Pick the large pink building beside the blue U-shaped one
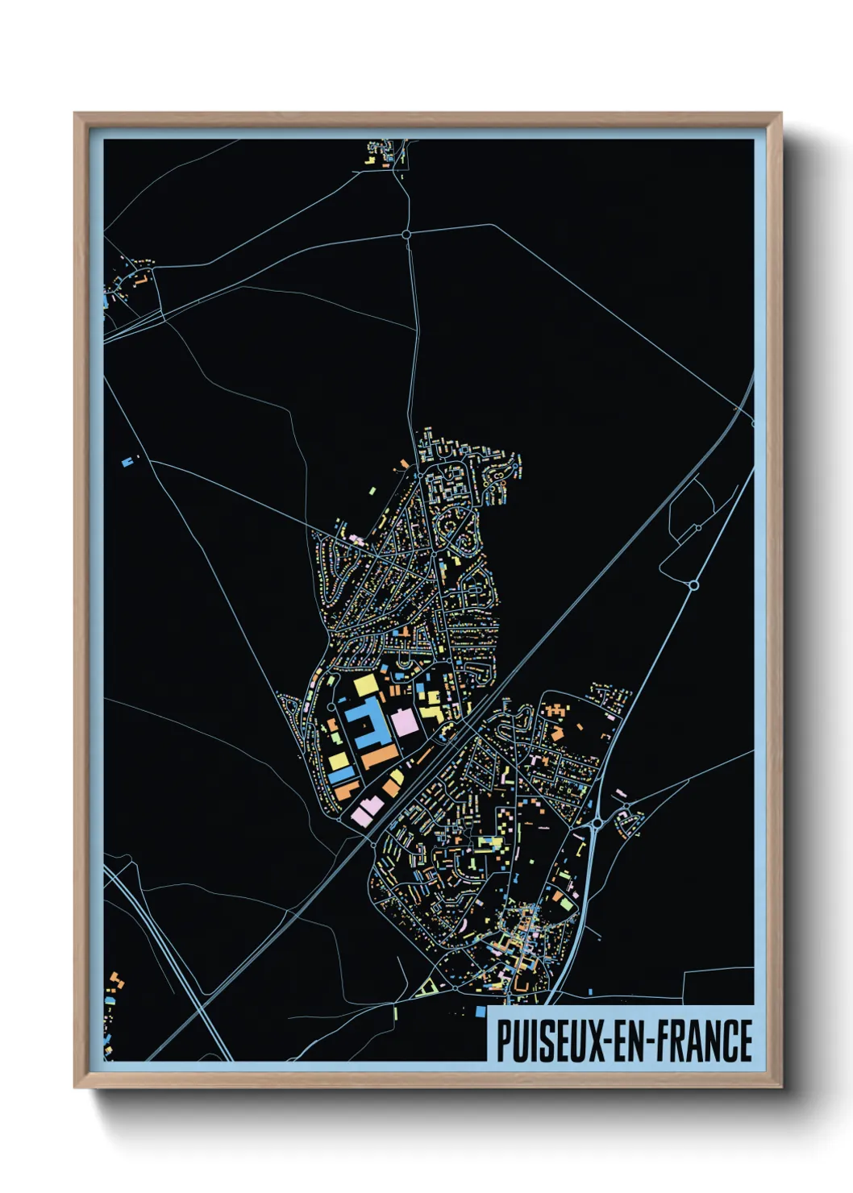(405, 721)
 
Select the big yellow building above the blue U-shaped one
(365, 686)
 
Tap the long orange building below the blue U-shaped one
(380, 757)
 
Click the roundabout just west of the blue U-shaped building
(331, 708)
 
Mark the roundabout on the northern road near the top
(406, 235)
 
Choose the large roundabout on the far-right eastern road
(693, 584)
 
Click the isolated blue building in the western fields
(126, 463)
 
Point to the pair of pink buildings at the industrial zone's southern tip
(366, 808)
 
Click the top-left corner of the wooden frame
(75, 114)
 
